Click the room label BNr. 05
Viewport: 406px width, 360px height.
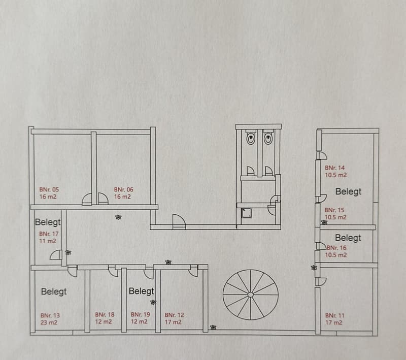[49, 189]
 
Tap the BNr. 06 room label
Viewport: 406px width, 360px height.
[124, 189]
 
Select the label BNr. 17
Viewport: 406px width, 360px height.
[49, 234]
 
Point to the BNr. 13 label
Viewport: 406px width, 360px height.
[50, 315]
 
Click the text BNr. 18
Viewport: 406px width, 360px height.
[105, 315]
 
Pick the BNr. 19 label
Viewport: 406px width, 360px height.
[141, 314]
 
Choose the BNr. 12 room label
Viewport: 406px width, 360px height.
[174, 315]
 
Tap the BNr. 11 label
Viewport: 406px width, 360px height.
[335, 315]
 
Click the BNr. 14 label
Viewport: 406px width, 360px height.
[335, 168]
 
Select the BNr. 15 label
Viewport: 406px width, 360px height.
[334, 210]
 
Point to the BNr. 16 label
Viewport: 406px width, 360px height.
[336, 248]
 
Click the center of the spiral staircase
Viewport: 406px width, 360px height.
[250, 294]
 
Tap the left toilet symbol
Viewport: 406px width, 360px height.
[251, 138]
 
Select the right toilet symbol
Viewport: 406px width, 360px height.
[268, 138]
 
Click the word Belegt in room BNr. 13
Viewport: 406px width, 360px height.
[54, 291]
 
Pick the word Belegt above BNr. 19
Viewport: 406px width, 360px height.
[142, 291]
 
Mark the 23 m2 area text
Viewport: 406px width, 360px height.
[49, 322]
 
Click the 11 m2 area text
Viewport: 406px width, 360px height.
[48, 241]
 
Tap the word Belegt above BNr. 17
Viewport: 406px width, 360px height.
[48, 222]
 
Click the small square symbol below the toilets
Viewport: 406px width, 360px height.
[245, 213]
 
